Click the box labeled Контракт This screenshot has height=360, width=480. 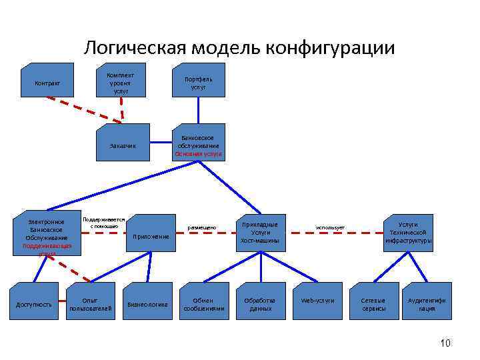pos(47,83)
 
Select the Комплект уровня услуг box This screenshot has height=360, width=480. pos(122,83)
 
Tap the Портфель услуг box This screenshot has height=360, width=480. pos(198,83)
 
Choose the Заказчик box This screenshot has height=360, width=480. pos(122,145)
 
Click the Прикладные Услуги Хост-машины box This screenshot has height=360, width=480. pos(260,233)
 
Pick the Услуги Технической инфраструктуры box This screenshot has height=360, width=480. pos(409,233)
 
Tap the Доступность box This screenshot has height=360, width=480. pos(34,305)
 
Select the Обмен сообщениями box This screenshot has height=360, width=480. pos(204,305)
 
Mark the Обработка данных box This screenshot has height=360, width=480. pos(261,305)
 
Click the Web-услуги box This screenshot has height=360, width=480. pos(318,301)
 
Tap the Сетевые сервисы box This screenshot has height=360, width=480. pos(374,305)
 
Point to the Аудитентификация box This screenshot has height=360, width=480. pos(427,305)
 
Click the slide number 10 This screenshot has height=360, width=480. pos(445,343)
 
